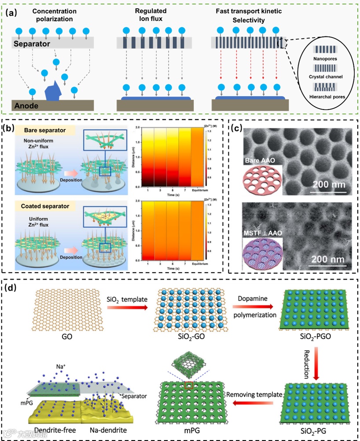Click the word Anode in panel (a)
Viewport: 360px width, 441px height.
pos(26,106)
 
